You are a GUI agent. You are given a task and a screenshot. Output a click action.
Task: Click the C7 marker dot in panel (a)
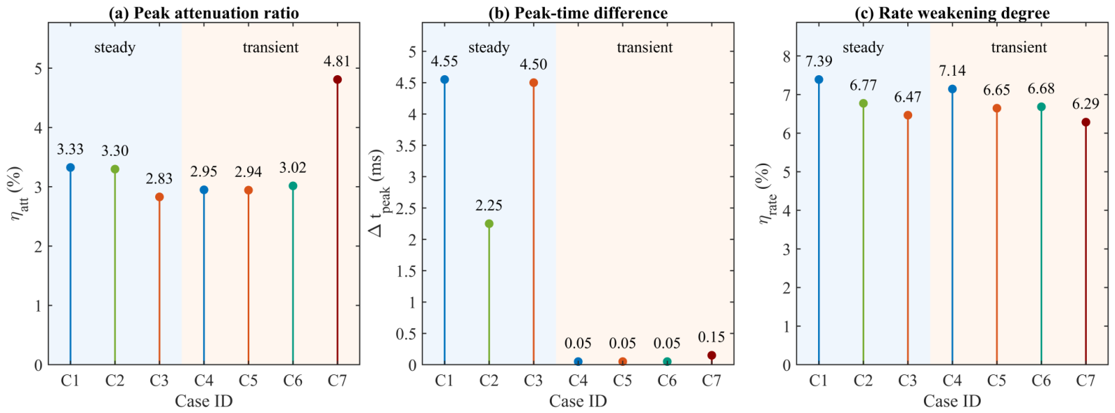pos(337,79)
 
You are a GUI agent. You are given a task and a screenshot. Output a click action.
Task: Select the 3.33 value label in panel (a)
pos(70,149)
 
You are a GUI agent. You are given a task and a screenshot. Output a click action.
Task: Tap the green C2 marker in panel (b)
pos(489,223)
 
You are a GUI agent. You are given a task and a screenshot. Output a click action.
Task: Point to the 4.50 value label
pos(534,64)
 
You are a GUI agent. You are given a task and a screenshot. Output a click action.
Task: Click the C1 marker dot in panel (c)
pos(819,79)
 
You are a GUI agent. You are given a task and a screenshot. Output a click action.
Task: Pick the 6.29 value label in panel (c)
pos(1086,104)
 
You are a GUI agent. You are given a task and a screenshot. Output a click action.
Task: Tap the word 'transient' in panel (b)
pos(645,47)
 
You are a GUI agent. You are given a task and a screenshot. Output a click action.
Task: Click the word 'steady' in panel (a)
pos(115,48)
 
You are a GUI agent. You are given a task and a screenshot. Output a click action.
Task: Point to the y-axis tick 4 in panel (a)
pos(38,128)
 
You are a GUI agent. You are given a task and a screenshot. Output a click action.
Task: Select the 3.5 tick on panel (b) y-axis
pos(404,145)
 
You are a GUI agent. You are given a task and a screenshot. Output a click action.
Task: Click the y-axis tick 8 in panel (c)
pos(786,56)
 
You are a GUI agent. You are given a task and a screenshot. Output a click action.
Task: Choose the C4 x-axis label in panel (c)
pos(952,381)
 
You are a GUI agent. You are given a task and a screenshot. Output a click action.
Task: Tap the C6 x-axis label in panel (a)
pos(293,381)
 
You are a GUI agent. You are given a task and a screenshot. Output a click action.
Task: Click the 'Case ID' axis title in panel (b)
pos(578,401)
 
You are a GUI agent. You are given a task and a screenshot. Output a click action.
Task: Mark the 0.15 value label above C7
pos(711,337)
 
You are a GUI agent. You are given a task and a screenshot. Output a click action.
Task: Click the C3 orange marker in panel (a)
pos(159,197)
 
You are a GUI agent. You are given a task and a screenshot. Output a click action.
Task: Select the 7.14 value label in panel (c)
pos(952,71)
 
